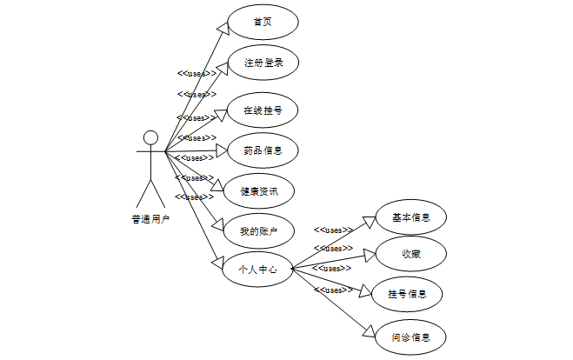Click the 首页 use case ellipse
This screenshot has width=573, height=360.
263,23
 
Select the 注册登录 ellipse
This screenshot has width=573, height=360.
263,63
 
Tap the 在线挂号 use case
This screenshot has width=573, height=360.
263,110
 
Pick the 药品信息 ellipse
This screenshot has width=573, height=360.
263,150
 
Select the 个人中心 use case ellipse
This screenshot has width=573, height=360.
258,270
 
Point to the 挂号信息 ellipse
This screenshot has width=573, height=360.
407,293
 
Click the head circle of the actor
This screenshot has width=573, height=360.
150,137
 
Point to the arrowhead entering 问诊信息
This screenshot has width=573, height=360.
370,331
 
